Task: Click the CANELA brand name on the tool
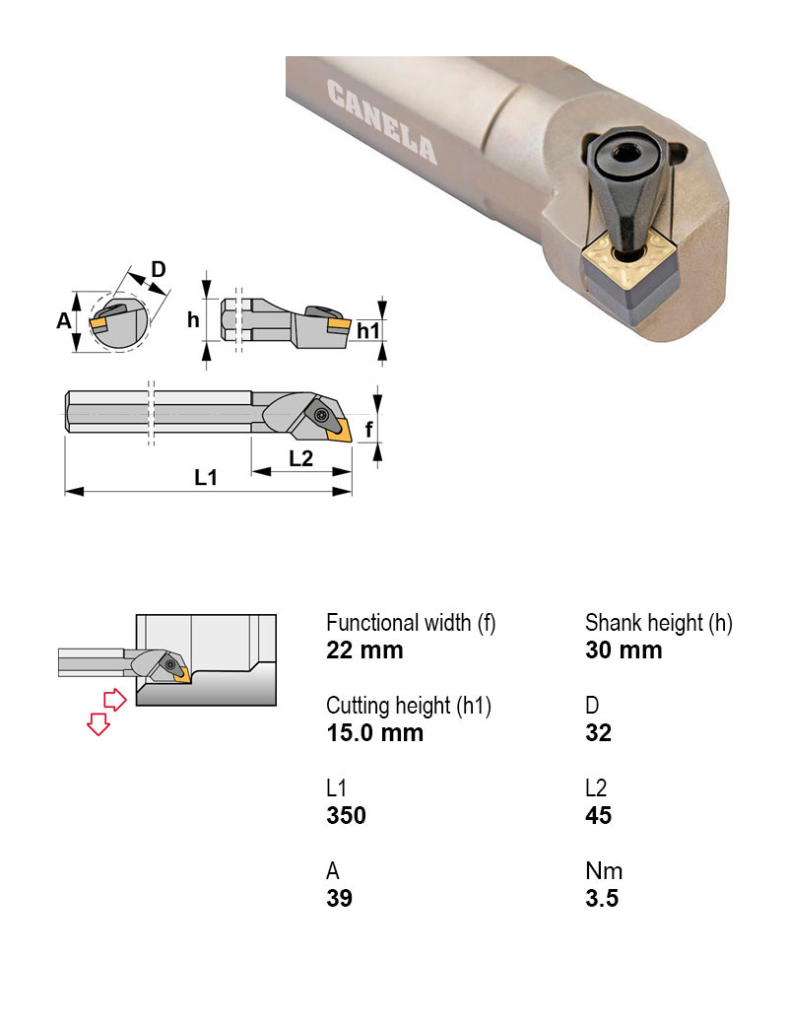coord(381,122)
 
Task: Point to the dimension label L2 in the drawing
coord(300,457)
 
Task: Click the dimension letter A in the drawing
coord(63,320)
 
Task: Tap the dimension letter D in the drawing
coord(157,269)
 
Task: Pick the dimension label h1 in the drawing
coord(367,330)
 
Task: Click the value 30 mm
coord(624,650)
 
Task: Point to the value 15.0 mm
coord(374,733)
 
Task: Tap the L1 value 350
coord(346,816)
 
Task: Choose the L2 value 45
coord(598,816)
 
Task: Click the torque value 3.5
coord(601,899)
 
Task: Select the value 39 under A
coord(339,899)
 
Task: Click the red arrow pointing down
coord(98,724)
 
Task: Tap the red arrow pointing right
coord(116,700)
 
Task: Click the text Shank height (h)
coord(659,623)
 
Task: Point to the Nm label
coord(603,871)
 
